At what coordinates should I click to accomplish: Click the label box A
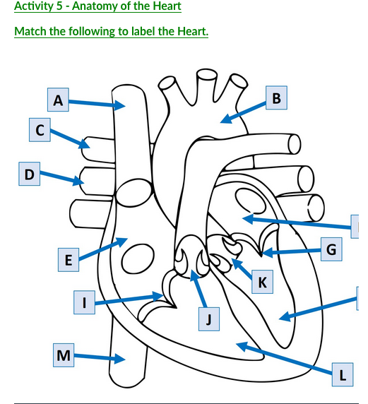(58, 100)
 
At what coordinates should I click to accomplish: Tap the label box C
(40, 130)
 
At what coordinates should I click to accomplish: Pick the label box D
(28, 174)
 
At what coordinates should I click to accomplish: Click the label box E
(68, 260)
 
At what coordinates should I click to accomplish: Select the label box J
(208, 320)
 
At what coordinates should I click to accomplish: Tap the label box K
(262, 283)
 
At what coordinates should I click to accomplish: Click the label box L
(343, 375)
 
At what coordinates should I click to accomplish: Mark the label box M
(64, 355)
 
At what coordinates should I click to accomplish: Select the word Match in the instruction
(30, 32)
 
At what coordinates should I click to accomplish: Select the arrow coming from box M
(99, 357)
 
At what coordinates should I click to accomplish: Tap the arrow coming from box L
(283, 357)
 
